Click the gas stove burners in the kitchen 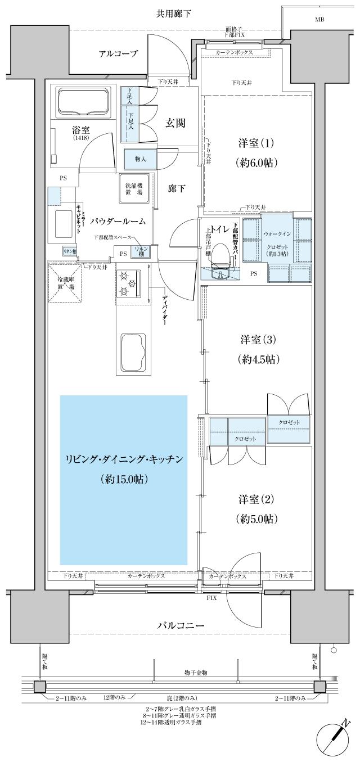(x=128, y=283)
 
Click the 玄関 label (x=175, y=123)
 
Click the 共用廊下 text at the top (x=174, y=13)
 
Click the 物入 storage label (x=140, y=159)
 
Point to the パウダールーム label (x=118, y=222)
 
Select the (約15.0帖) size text (x=124, y=479)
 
